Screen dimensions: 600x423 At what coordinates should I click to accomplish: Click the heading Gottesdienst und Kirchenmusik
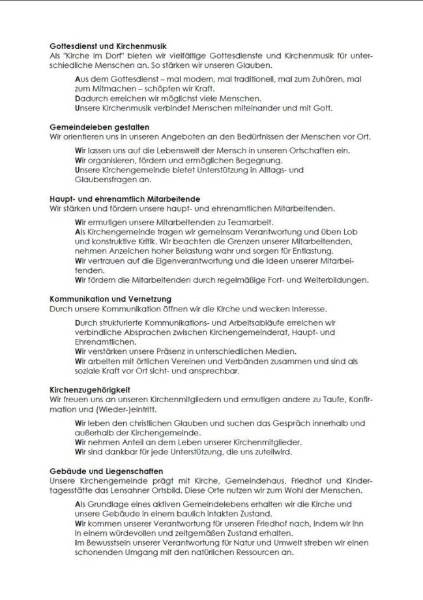[108, 47]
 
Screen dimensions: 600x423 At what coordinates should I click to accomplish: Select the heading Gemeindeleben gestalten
[100, 127]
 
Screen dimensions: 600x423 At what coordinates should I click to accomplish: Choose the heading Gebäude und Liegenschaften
[106, 471]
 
